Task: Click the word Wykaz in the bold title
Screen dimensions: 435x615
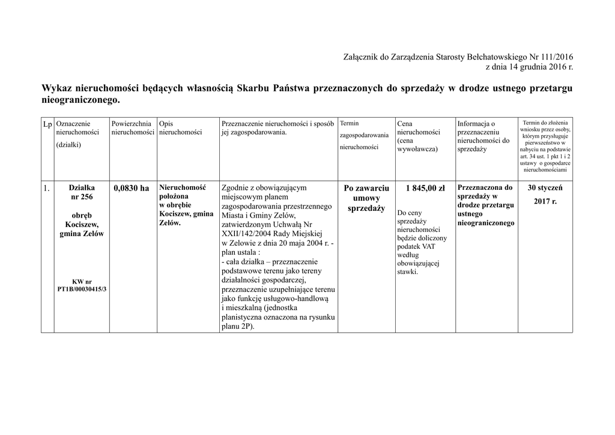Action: (58, 88)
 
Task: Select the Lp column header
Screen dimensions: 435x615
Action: (47, 124)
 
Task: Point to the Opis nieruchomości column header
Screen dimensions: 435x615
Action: (181, 128)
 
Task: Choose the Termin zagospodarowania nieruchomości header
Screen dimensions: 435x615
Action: (364, 135)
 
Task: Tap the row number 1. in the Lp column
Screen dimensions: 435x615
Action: (47, 189)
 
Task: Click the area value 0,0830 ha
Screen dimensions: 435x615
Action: (132, 189)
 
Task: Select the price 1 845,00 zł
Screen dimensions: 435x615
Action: (425, 189)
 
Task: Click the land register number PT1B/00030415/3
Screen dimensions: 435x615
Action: (82, 290)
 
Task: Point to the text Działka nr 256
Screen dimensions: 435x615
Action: (82, 192)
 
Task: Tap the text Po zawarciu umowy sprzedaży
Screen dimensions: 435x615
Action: (366, 198)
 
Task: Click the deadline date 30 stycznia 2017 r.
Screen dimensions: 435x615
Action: (545, 195)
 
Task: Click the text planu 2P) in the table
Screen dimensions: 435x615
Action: (237, 326)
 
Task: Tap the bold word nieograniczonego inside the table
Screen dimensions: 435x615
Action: (486, 223)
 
